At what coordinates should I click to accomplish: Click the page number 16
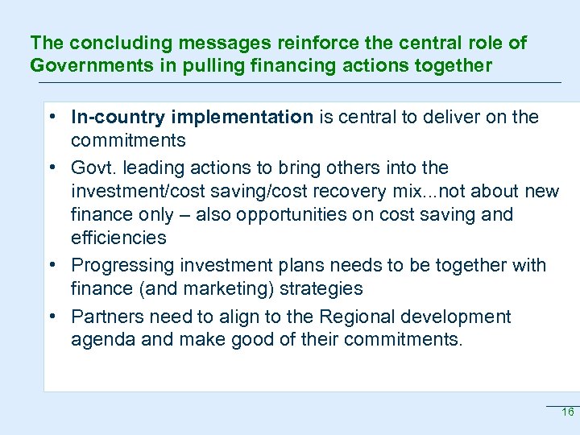567,412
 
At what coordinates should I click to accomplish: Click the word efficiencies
118,238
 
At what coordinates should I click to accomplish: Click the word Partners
106,317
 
